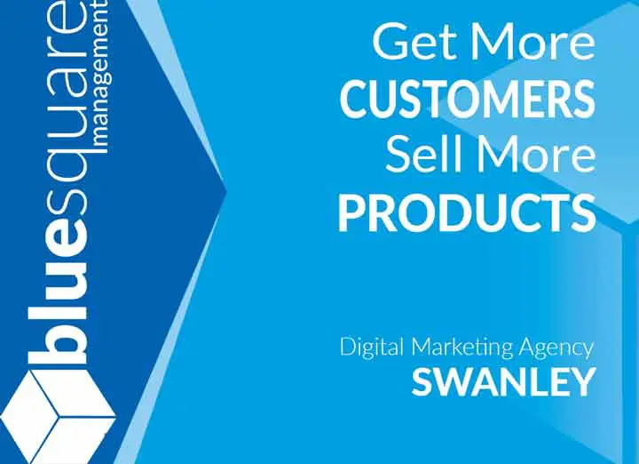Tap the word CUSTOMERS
(x=467, y=99)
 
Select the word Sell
(x=425, y=155)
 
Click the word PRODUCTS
(x=467, y=212)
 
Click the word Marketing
(x=461, y=348)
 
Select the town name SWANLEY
(x=503, y=382)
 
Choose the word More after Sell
(x=535, y=155)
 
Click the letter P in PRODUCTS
(x=353, y=212)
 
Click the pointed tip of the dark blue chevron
(x=225, y=190)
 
